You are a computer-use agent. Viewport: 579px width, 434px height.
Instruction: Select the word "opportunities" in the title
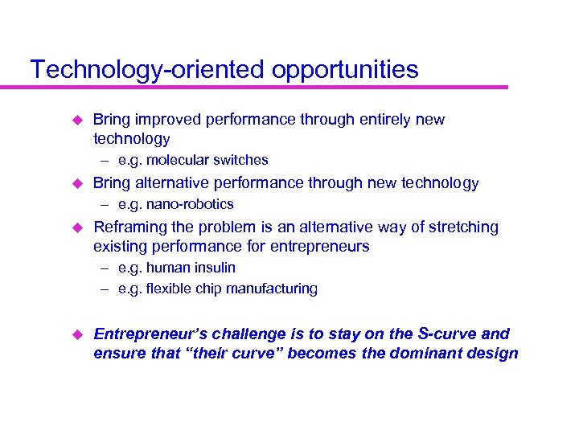[345, 70]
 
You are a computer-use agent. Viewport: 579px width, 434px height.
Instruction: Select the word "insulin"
[215, 268]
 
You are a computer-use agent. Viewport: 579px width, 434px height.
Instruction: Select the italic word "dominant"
[432, 354]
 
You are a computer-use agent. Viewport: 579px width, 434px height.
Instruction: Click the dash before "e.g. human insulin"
[105, 268]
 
